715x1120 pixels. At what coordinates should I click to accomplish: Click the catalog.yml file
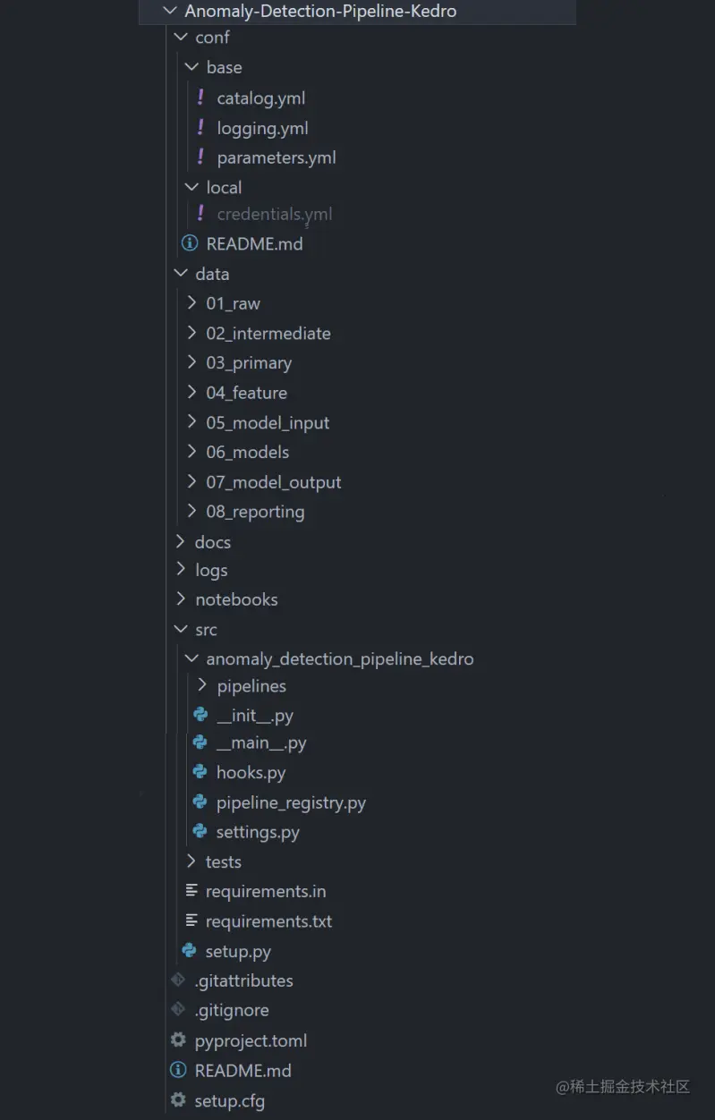(x=260, y=98)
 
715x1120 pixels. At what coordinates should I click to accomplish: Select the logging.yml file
(x=262, y=128)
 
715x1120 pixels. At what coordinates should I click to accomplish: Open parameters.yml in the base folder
(x=276, y=157)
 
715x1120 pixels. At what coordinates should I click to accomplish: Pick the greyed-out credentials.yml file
(x=274, y=214)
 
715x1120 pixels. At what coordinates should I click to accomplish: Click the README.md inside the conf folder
(x=254, y=243)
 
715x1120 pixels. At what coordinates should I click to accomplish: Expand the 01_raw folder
(x=233, y=303)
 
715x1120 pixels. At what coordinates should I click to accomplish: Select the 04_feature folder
(x=246, y=393)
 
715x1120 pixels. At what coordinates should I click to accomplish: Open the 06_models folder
(x=247, y=452)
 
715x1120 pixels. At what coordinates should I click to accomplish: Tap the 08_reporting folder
(x=255, y=512)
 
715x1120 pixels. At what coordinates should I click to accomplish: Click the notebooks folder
(x=236, y=599)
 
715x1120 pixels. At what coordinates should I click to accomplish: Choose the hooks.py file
(x=251, y=772)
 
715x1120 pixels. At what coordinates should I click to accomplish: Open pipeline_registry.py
(x=291, y=802)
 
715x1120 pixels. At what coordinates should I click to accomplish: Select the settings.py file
(x=258, y=832)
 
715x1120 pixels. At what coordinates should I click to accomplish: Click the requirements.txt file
(x=268, y=921)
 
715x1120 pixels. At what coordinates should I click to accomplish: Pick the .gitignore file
(x=232, y=1010)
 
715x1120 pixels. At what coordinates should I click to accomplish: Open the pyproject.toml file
(x=251, y=1040)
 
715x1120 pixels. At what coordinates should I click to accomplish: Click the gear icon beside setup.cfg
(x=179, y=1100)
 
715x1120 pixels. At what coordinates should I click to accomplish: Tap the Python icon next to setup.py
(x=190, y=951)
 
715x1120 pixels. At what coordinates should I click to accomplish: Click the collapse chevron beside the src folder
(x=181, y=629)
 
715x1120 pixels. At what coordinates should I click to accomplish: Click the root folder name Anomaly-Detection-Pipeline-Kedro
(x=320, y=11)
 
